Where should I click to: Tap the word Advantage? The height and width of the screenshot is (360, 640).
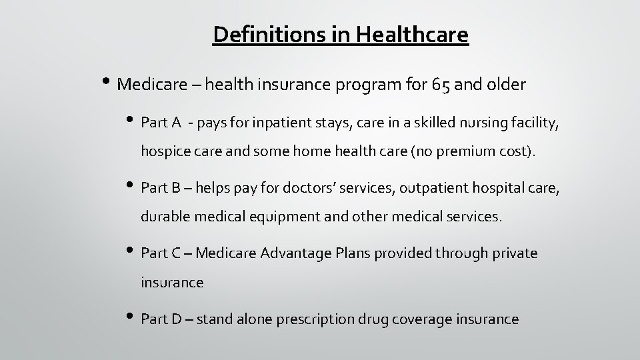tap(297, 253)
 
